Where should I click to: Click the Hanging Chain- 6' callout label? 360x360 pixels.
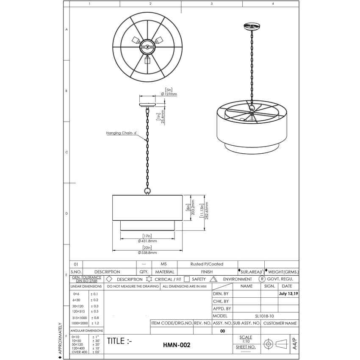coord(122,133)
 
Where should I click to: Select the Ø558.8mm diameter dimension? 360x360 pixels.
coord(147,252)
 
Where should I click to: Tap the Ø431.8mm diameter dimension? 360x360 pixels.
coord(147,241)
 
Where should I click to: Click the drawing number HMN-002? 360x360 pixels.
coord(177,345)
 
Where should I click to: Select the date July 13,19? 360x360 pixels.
coord(288,294)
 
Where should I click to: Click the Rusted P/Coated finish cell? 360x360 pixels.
coord(207,264)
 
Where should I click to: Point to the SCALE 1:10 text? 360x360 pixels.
coord(246,339)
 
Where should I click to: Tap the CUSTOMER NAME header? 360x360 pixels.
coord(280,323)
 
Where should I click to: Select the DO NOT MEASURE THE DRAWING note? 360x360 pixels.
coord(133,286)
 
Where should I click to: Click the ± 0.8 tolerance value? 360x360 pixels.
coord(95,317)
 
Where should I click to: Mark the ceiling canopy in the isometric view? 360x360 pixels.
coord(252,27)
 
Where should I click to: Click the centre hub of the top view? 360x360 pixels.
coord(147,47)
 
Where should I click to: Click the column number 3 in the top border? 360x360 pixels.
coord(211,4)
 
